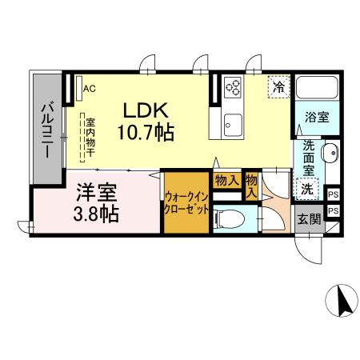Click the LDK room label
[145, 110]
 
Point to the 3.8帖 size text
[97, 214]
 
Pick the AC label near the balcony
[89, 89]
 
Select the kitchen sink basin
[234, 122]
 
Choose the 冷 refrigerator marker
[278, 86]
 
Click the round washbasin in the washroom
[330, 153]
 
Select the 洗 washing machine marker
[306, 189]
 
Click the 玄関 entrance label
[309, 219]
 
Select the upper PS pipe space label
[333, 194]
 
